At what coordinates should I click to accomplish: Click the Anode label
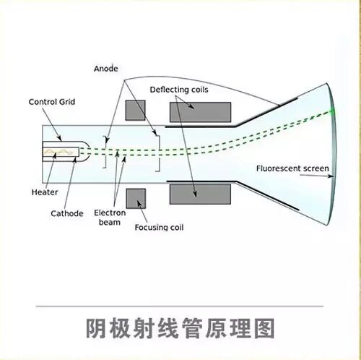click(105, 69)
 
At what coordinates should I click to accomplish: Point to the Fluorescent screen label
click(290, 169)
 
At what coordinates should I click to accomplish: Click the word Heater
click(44, 192)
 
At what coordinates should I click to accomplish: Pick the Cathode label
click(66, 213)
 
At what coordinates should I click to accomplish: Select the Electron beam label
click(110, 218)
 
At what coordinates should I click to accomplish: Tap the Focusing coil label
click(159, 227)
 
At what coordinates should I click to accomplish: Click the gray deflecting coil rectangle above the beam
click(200, 112)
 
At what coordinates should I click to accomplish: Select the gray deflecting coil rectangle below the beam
click(200, 194)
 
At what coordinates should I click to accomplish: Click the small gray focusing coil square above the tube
click(135, 110)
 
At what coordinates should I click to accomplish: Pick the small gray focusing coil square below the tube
click(135, 198)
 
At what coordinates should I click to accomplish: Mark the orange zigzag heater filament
click(61, 153)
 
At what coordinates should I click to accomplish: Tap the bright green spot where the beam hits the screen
click(333, 111)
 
